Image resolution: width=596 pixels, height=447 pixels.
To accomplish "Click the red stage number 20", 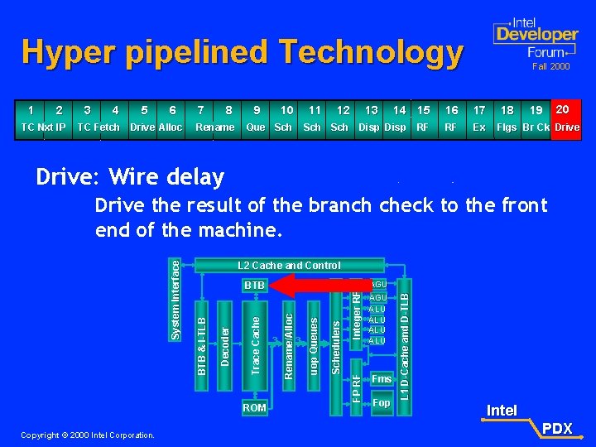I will point(563,108).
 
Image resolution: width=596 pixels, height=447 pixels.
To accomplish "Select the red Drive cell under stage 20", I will point(566,127).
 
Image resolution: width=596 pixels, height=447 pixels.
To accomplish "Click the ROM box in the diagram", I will point(254,407).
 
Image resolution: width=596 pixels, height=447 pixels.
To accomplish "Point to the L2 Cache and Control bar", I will point(289,266).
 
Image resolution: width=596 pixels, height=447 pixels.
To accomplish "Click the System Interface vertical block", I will point(175,298).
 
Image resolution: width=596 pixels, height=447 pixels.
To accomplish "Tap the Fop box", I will point(381,403).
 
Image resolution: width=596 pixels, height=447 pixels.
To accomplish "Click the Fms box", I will point(381,379).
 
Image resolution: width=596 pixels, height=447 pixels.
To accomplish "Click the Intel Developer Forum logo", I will point(535,37).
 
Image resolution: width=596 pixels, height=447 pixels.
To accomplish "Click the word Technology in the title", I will point(371,52).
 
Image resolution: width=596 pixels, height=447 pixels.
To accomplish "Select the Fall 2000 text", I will point(550,65).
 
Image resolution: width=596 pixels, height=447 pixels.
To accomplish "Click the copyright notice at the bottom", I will point(89,435).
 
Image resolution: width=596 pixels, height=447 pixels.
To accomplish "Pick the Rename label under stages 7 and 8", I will point(214,127).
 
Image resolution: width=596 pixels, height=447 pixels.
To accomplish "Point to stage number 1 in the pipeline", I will point(31,109).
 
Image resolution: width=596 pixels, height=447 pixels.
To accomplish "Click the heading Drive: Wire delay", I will point(130,176).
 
